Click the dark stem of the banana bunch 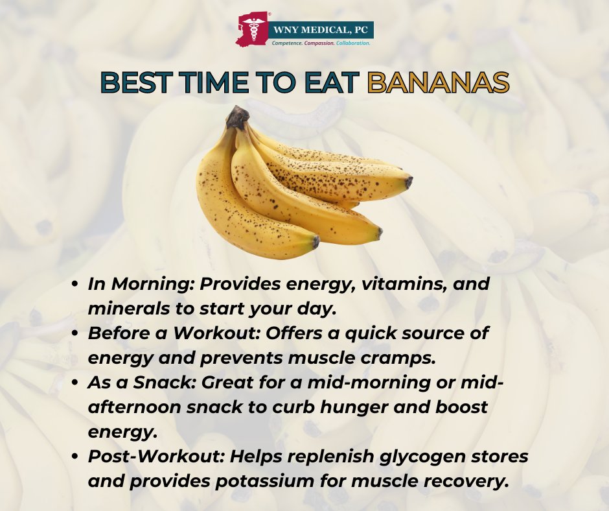tap(238, 117)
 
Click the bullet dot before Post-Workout tap(76, 457)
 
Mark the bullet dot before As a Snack tap(76, 383)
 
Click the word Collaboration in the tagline tap(353, 43)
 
